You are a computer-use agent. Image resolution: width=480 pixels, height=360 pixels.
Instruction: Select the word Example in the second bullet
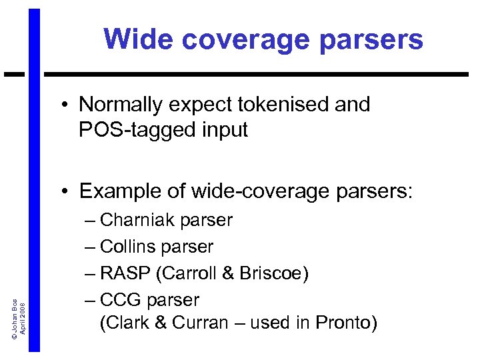(x=115, y=192)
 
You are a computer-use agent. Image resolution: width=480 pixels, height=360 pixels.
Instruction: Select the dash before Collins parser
(x=91, y=247)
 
